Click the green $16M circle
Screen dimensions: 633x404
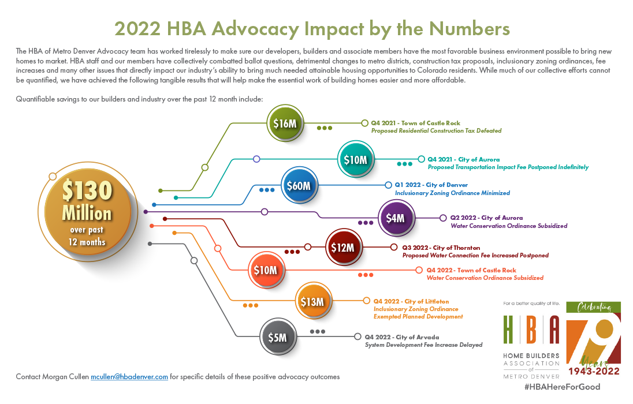tap(285, 123)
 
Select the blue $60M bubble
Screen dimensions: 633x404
tap(299, 186)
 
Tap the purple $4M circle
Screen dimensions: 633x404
tap(396, 218)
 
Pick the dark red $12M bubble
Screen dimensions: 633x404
tap(344, 247)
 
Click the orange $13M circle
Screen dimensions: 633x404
tap(313, 301)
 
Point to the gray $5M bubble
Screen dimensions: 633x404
tap(278, 337)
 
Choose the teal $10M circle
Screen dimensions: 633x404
tap(356, 159)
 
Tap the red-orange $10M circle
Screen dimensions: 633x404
tap(266, 270)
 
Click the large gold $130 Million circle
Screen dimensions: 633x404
tap(88, 212)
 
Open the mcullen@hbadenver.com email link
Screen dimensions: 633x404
tap(129, 376)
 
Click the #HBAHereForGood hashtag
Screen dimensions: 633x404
tap(563, 387)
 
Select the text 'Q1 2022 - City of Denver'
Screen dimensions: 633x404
tap(431, 185)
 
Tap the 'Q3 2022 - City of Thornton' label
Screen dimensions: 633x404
tap(441, 248)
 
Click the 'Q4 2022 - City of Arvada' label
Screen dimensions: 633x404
tap(401, 337)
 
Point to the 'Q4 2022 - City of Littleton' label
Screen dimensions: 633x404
tap(411, 301)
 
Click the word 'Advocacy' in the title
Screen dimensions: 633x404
tap(255, 29)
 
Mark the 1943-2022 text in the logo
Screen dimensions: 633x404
tap(594, 371)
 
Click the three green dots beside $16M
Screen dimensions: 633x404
tap(325, 128)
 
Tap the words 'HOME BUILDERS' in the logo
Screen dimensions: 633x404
tap(531, 356)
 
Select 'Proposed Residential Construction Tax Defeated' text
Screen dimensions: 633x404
tap(436, 131)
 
